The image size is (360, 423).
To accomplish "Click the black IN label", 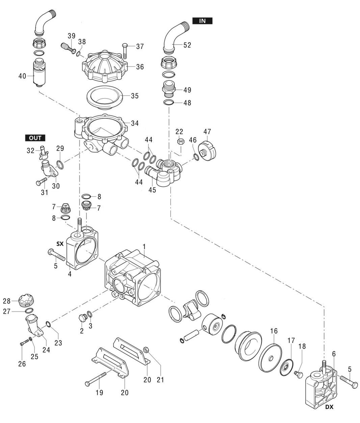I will pyautogui.click(x=202, y=21).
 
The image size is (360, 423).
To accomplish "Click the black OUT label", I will pyautogui.click(x=35, y=138).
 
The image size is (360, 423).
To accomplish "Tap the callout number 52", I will pyautogui.click(x=186, y=45).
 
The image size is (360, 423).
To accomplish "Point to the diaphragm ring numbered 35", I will pyautogui.click(x=105, y=97).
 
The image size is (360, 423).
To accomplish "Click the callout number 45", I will pyautogui.click(x=152, y=190).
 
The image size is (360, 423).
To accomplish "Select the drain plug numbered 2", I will pyautogui.click(x=81, y=318).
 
